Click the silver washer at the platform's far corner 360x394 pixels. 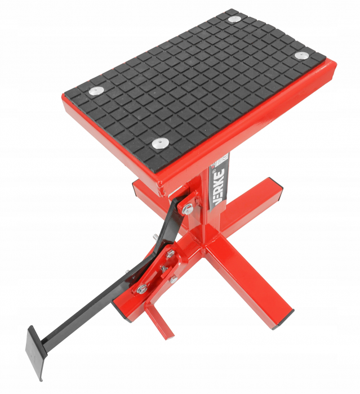click(234, 19)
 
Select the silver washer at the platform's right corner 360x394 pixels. click(302, 55)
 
